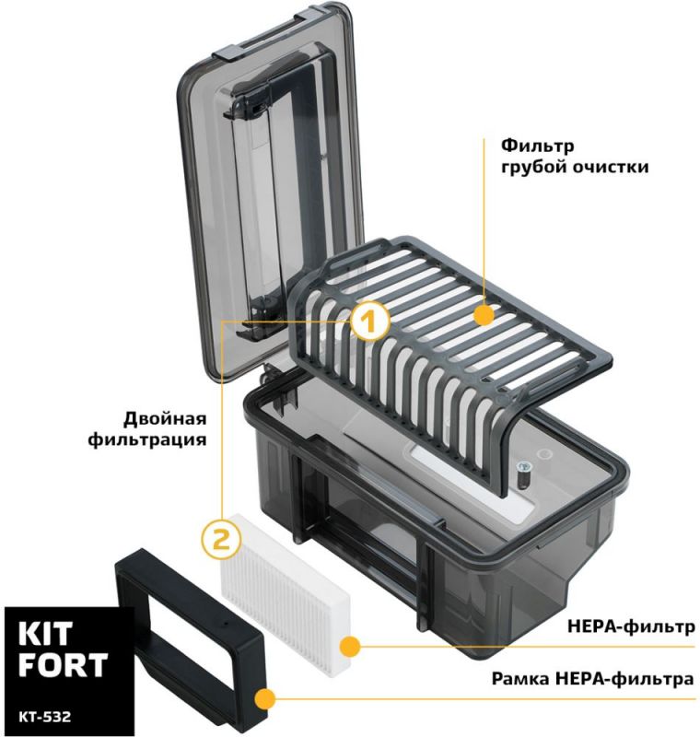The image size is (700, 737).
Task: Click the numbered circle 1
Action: (369, 320)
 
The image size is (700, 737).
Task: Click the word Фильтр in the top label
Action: (538, 146)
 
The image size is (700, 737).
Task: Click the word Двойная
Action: (165, 418)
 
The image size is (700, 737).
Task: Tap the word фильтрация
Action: (147, 440)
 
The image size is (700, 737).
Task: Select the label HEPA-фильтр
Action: (631, 626)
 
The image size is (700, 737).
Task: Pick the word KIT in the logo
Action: (45, 634)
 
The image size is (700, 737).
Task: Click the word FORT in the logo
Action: (63, 664)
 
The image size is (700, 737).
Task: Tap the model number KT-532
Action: (44, 717)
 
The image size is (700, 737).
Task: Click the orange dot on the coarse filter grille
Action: (484, 315)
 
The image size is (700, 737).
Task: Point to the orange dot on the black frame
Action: (264, 699)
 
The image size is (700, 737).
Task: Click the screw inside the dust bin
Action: (522, 472)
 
